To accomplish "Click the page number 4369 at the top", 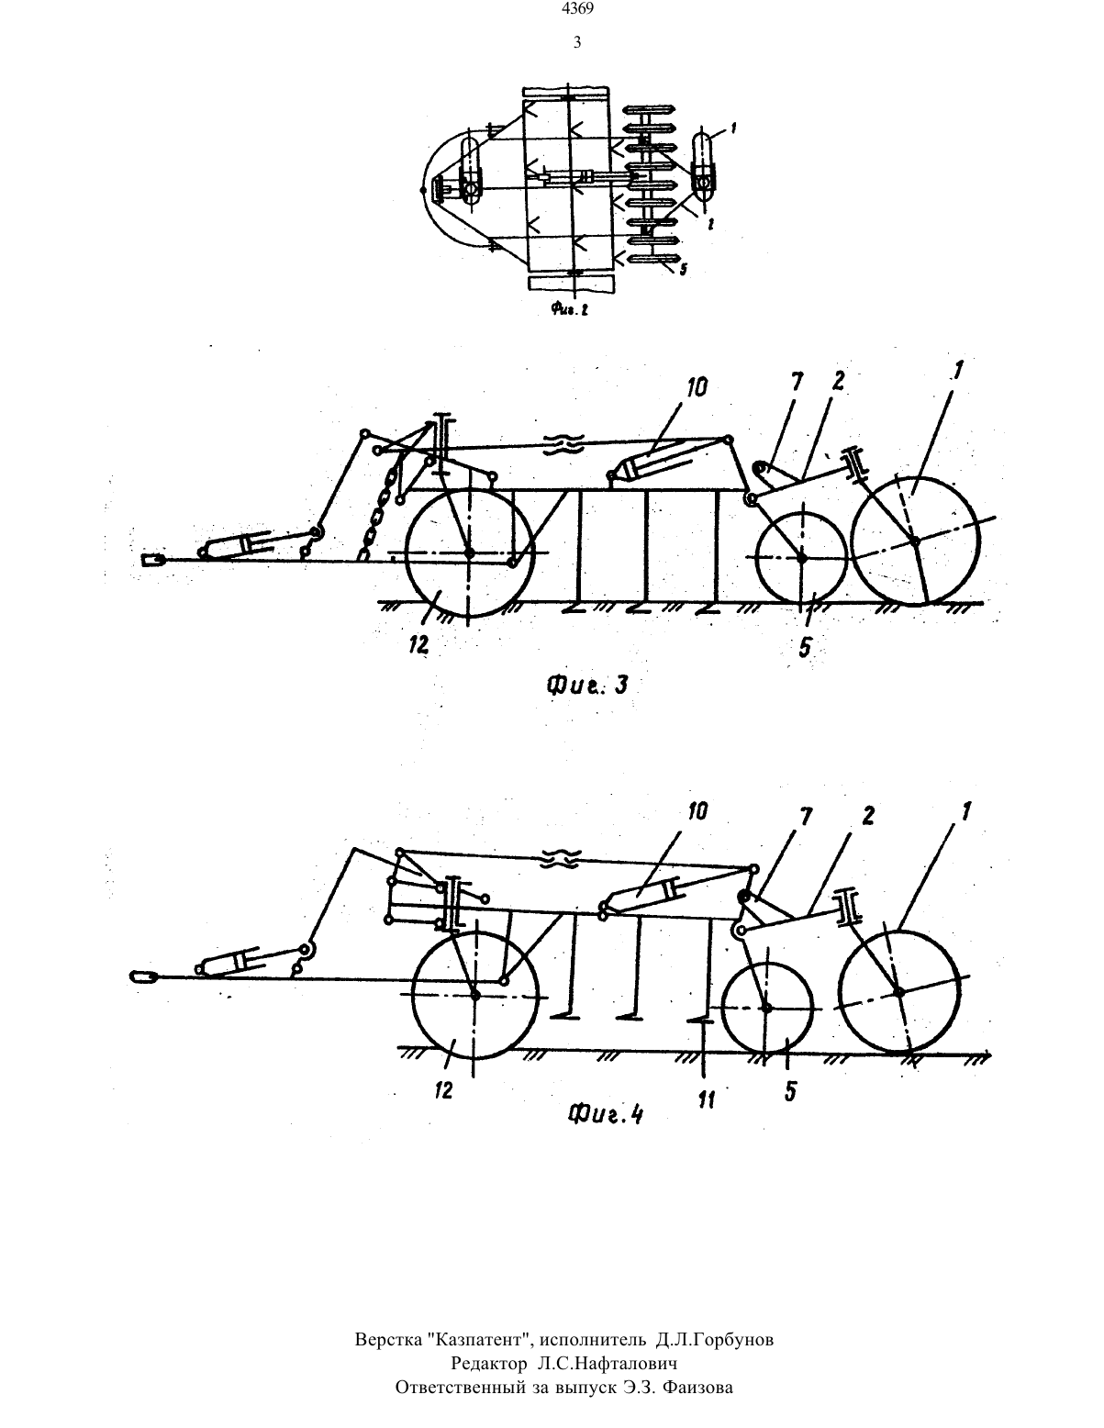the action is [577, 10].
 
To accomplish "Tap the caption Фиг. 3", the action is [586, 686].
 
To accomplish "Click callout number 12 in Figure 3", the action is [418, 647].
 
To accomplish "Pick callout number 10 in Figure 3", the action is [697, 388].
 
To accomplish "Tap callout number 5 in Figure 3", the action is [805, 648].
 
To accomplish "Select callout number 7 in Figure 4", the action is [806, 817].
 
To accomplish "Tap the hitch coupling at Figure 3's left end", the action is [151, 560].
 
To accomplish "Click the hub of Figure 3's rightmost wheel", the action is [915, 541].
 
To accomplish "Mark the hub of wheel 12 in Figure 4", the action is [474, 995].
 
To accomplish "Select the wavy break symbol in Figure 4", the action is [560, 857].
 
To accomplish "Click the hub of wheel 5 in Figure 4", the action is [766, 1007].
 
